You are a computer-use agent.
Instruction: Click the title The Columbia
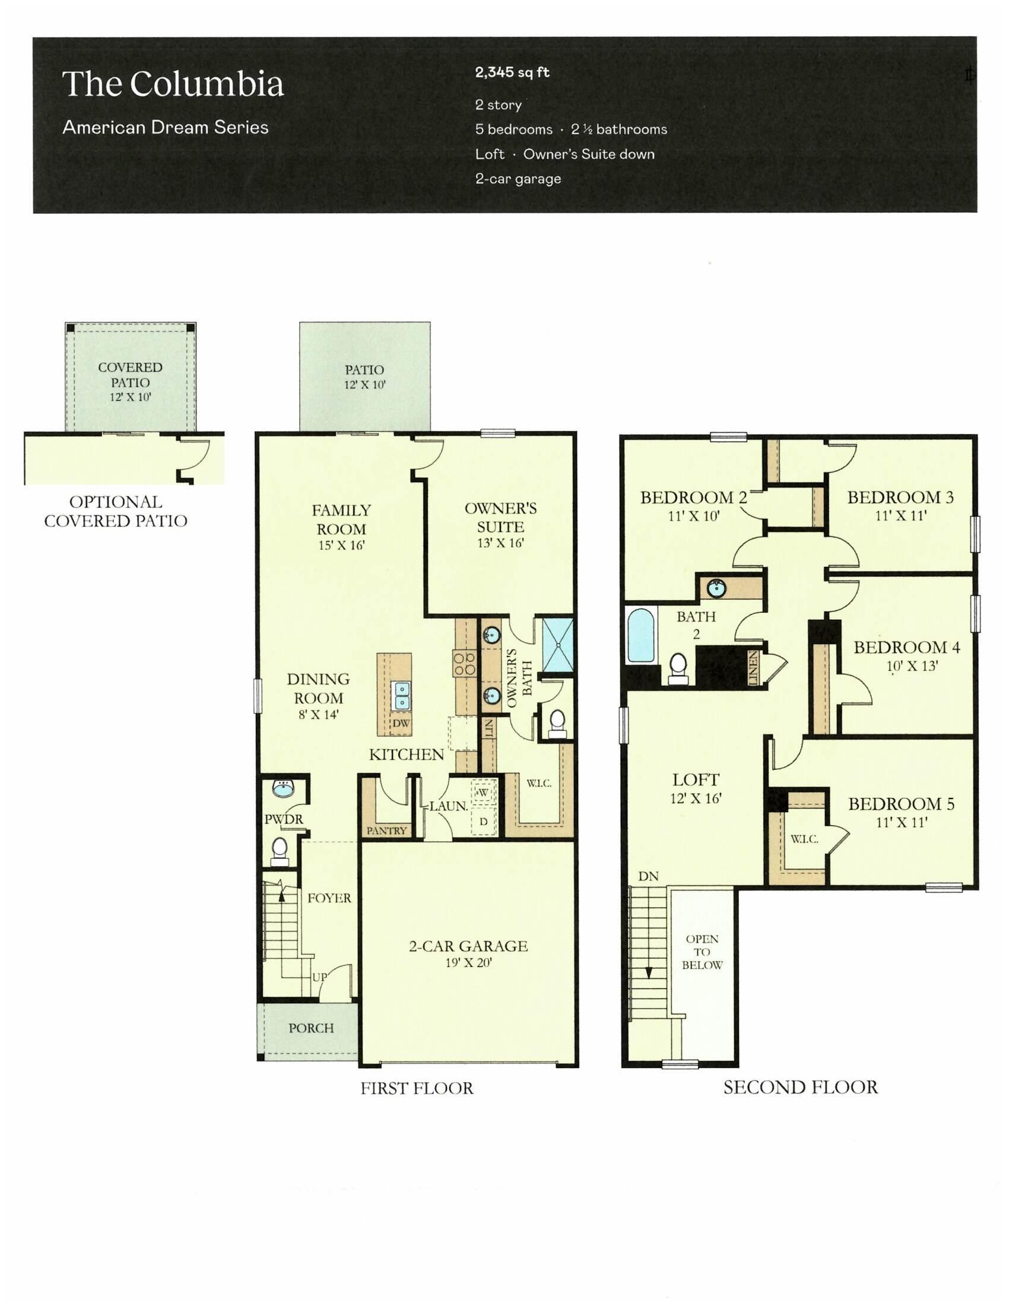point(173,84)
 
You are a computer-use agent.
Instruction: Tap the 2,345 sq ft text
point(512,72)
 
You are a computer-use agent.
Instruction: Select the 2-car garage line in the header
point(518,179)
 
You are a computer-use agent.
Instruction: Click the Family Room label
point(341,519)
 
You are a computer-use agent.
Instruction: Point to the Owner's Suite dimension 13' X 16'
point(500,543)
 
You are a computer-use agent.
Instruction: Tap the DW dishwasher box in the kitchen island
point(401,723)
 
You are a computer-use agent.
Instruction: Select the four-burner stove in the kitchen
point(465,664)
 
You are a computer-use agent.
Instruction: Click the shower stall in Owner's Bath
point(558,645)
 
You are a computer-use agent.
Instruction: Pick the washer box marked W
point(483,793)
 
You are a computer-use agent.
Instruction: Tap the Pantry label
point(386,830)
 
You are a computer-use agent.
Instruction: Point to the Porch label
point(311,1028)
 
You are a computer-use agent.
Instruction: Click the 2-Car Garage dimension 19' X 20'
point(468,962)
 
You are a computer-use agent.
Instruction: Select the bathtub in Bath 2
point(641,635)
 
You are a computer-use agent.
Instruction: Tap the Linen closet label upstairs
point(753,668)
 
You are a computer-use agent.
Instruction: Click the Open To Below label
point(702,952)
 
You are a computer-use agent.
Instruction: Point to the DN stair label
point(648,877)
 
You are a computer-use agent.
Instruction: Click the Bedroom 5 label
point(901,804)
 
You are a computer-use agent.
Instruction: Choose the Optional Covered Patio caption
point(115,511)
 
